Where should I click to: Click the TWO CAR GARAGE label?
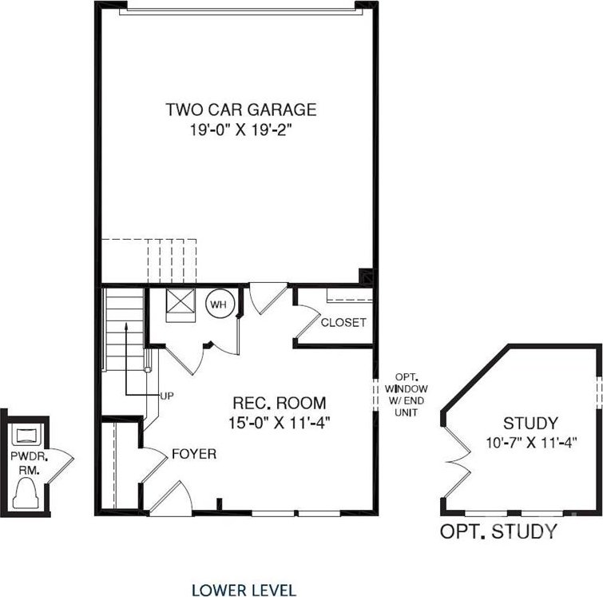point(241,109)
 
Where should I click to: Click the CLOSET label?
point(343,322)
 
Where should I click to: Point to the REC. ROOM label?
point(280,403)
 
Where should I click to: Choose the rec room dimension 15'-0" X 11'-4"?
point(280,423)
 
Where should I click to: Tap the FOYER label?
point(194,454)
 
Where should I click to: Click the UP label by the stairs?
point(167,396)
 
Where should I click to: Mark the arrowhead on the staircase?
point(125,326)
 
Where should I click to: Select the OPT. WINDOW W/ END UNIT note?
point(406,395)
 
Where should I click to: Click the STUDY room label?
point(530,423)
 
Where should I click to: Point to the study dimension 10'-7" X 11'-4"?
point(531,443)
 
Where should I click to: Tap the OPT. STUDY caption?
point(498,531)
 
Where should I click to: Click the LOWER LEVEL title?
point(244,590)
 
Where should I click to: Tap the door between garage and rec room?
point(268,299)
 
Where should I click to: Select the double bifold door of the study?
point(458,461)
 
